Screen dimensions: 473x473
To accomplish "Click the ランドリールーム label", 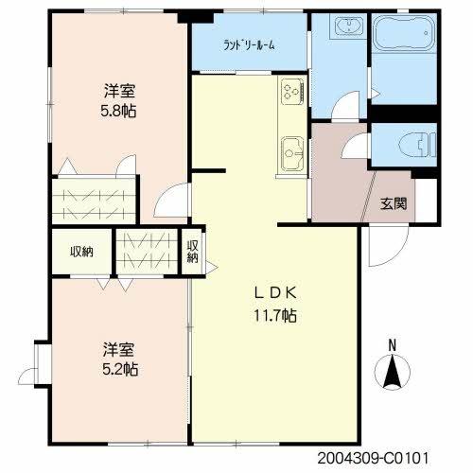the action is pyautogui.click(x=249, y=45).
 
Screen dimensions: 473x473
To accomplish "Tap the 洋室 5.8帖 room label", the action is pyautogui.click(x=119, y=100).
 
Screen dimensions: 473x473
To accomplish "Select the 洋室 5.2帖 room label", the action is pyautogui.click(x=120, y=359).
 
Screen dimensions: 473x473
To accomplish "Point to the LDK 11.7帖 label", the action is pyautogui.click(x=275, y=305).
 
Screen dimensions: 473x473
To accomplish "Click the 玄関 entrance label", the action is pyautogui.click(x=394, y=203).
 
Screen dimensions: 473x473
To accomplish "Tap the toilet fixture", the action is pyautogui.click(x=416, y=145).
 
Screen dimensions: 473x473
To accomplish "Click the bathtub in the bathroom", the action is pyautogui.click(x=404, y=32).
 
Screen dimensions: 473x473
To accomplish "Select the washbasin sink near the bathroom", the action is pyautogui.click(x=349, y=26).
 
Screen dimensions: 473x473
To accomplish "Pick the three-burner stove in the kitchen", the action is pyautogui.click(x=292, y=91).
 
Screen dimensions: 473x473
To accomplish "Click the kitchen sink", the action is pyautogui.click(x=292, y=153).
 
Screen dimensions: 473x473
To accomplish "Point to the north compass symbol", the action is pyautogui.click(x=392, y=371).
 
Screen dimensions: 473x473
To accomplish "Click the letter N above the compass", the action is pyautogui.click(x=392, y=345).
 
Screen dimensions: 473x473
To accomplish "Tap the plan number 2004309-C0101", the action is pyautogui.click(x=373, y=458).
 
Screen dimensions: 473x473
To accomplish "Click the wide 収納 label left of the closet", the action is pyautogui.click(x=81, y=252).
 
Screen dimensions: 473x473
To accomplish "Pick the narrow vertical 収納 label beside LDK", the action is pyautogui.click(x=192, y=252).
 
